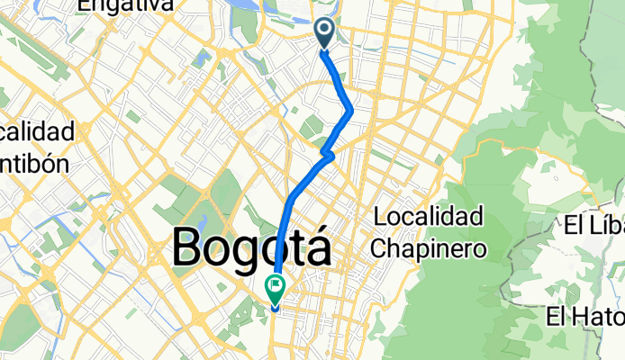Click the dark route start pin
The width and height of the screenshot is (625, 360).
coord(325,32)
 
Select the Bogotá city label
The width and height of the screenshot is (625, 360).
coord(251,247)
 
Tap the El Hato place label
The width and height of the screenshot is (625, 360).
coord(585,317)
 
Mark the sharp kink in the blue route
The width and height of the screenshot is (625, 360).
coord(329,156)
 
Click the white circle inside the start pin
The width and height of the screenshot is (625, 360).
coord(325,30)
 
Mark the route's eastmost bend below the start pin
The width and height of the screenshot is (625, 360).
coord(349,111)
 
